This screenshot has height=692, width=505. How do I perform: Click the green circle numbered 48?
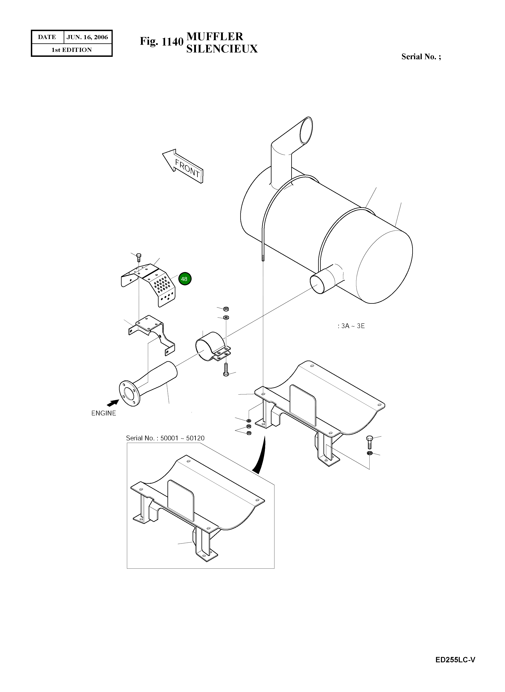184,279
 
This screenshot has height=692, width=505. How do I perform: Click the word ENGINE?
104,413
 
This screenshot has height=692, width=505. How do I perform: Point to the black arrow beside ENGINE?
113,403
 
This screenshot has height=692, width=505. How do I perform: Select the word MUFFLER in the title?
215,36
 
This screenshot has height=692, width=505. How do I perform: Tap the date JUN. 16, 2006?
87,37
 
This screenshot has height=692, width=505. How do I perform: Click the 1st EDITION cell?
72,50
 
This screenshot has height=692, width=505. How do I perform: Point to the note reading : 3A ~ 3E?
351,326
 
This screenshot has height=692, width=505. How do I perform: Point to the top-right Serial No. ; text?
421,57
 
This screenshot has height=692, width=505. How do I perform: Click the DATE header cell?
47,37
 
